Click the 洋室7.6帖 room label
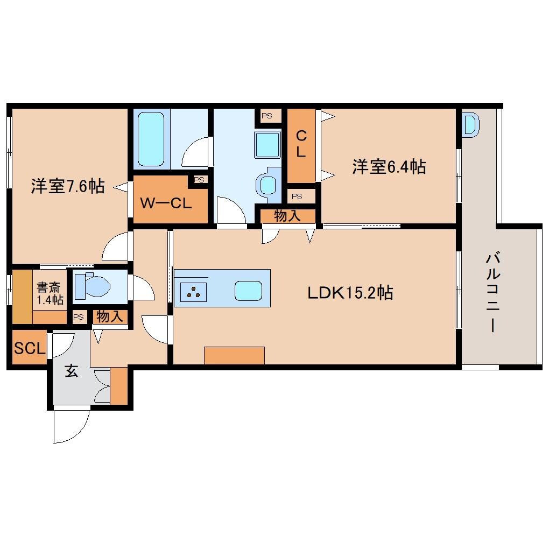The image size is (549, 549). click(68, 187)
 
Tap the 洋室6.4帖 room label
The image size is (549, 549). click(389, 167)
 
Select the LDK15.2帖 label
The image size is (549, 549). click(350, 293)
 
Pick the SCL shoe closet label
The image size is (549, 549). click(29, 349)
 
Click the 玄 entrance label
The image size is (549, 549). click(72, 371)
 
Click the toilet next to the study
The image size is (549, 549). click(93, 286)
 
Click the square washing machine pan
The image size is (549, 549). click(268, 145)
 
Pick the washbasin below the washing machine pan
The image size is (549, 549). click(268, 183)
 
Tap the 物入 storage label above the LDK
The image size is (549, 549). click(287, 216)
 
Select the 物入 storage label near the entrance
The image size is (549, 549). click(109, 316)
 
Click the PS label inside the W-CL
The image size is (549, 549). click(199, 180)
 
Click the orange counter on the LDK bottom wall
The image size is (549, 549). click(234, 355)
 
